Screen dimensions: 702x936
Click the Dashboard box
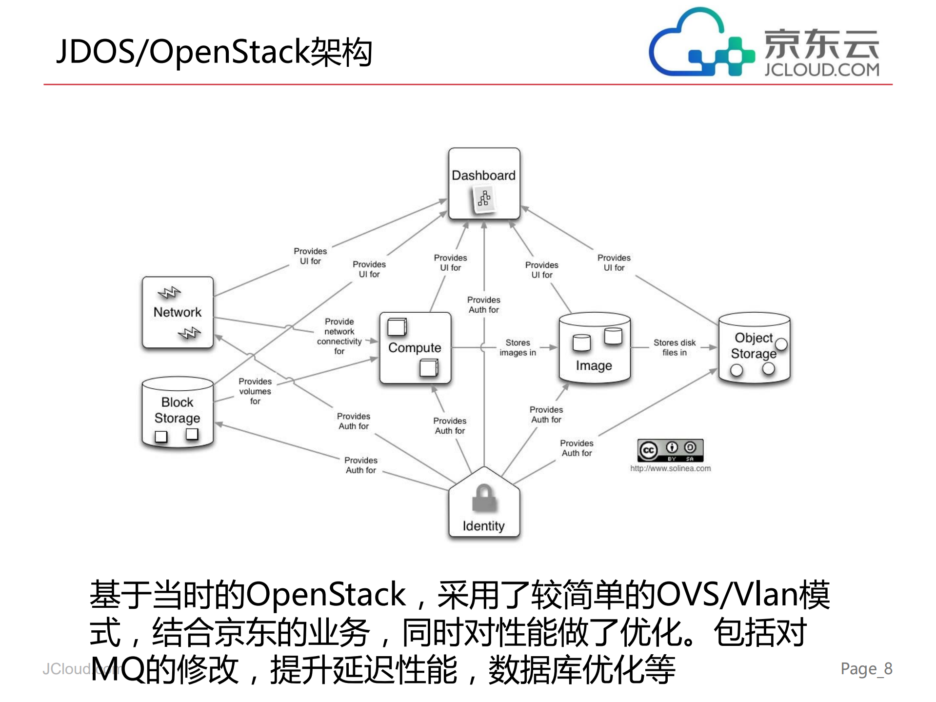pyautogui.click(x=484, y=183)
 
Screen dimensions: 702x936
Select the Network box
pyautogui.click(x=178, y=312)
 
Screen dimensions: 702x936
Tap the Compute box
pyautogui.click(x=415, y=348)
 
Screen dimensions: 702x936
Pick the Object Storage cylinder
pyautogui.click(x=754, y=347)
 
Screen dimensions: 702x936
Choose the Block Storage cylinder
pyautogui.click(x=178, y=412)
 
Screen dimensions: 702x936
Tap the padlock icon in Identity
pyautogui.click(x=484, y=498)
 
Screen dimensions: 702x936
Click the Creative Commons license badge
pyautogui.click(x=670, y=450)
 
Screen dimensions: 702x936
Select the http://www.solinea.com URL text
pyautogui.click(x=670, y=468)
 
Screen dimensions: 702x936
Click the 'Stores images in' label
pyautogui.click(x=518, y=348)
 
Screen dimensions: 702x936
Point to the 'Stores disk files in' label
pyautogui.click(x=675, y=347)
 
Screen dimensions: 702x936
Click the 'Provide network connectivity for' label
pyautogui.click(x=339, y=336)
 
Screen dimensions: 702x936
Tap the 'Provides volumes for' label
pyautogui.click(x=255, y=391)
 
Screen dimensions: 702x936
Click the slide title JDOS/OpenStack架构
pyautogui.click(x=215, y=52)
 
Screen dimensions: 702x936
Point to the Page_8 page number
pyautogui.click(x=866, y=668)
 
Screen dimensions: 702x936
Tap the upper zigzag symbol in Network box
pyautogui.click(x=169, y=293)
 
